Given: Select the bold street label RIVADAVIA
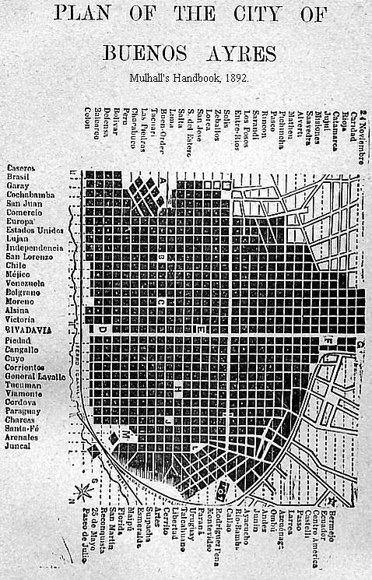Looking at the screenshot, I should point(29,329).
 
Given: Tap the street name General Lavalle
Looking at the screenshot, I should point(35,376).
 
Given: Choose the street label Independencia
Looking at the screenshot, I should point(34,248).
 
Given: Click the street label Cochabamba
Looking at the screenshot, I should point(30,195).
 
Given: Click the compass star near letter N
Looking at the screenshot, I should point(81,492).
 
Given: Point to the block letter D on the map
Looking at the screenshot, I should point(102,329).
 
